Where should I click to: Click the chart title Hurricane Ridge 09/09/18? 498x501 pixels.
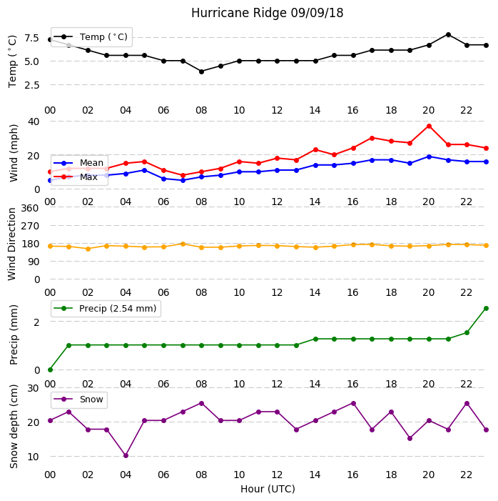[267, 13]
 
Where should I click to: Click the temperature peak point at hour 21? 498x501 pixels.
[448, 34]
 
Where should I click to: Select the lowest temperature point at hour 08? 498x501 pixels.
[201, 71]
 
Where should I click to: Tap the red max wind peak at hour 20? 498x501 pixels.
[429, 127]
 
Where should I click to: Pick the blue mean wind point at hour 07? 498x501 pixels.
[183, 180]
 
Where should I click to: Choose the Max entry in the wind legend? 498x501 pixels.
[76, 177]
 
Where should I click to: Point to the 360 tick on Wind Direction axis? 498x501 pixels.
[30, 208]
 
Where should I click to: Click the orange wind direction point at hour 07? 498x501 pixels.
[183, 244]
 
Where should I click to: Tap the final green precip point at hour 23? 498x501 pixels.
[486, 308]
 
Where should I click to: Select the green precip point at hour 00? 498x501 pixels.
[50, 369]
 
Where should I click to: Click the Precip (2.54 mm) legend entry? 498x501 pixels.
[106, 308]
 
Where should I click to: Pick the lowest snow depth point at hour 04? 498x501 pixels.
[126, 455]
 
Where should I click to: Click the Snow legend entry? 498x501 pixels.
[78, 400]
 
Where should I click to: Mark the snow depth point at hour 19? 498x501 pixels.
[410, 438]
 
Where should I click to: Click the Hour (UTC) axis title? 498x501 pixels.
[268, 489]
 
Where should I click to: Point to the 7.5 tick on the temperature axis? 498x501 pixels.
[31, 38]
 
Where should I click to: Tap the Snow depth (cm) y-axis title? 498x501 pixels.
[14, 427]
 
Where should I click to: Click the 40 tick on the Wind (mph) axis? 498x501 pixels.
[34, 121]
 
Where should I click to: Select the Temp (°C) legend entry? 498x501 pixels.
[91, 37]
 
